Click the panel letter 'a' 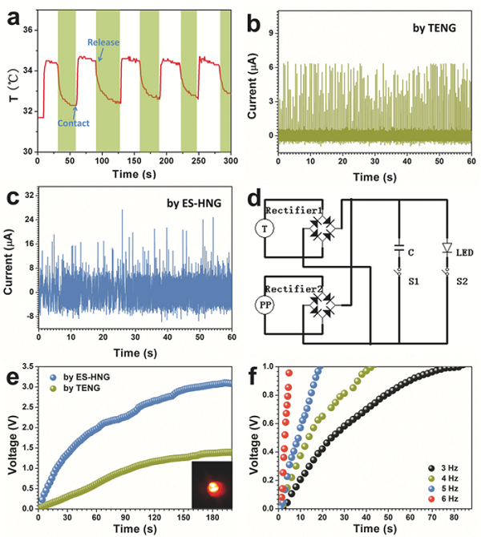11,14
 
